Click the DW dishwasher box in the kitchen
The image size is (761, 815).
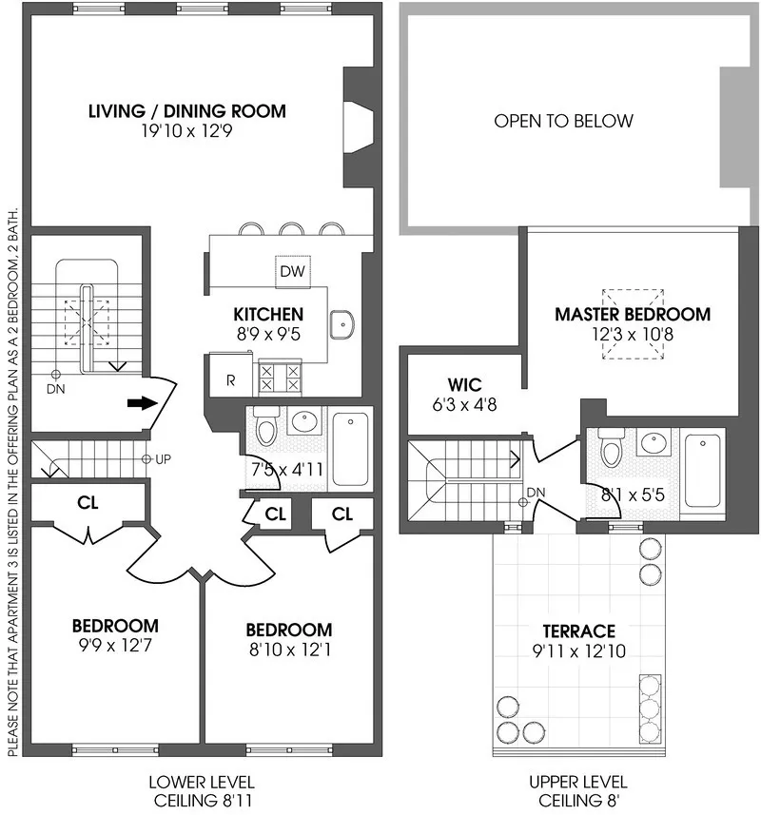[291, 272]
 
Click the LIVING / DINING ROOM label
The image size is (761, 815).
[186, 111]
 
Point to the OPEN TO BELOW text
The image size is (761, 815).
[563, 121]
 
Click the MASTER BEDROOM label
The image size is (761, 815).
[632, 314]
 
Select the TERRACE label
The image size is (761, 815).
[578, 631]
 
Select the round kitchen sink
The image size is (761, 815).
[341, 325]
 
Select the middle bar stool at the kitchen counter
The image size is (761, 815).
[290, 228]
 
